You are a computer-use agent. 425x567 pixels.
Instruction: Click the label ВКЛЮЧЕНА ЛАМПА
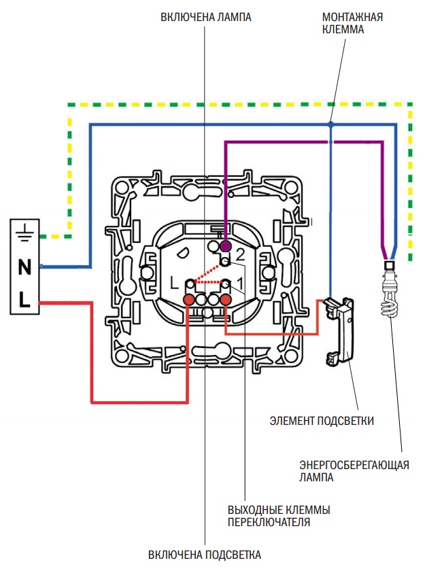click(x=206, y=17)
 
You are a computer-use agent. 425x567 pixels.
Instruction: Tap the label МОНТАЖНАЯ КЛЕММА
click(x=352, y=23)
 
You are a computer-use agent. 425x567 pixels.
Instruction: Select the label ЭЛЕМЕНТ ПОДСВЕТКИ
click(x=322, y=421)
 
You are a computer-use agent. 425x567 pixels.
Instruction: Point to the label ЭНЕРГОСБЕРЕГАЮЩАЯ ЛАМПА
click(x=354, y=471)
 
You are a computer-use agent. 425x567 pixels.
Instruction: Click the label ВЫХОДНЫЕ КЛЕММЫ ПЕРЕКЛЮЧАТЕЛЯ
click(x=279, y=516)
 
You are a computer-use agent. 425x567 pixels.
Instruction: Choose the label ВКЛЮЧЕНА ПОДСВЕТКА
click(x=205, y=555)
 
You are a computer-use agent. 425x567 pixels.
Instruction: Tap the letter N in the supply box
click(x=24, y=267)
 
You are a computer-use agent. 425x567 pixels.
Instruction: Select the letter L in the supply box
click(x=24, y=299)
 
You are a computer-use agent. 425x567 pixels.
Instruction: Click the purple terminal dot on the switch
click(x=225, y=246)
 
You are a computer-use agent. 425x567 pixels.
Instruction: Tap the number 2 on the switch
click(x=240, y=256)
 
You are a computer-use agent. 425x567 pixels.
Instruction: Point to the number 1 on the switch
click(x=240, y=283)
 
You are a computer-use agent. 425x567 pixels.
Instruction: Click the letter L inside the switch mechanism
click(x=174, y=283)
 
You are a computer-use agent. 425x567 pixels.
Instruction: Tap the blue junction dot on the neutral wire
click(x=330, y=125)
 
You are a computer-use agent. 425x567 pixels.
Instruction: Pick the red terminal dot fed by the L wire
click(x=189, y=299)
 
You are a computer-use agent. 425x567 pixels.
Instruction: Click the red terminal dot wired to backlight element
click(x=226, y=299)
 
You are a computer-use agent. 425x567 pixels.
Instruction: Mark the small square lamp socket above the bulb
click(x=390, y=265)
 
